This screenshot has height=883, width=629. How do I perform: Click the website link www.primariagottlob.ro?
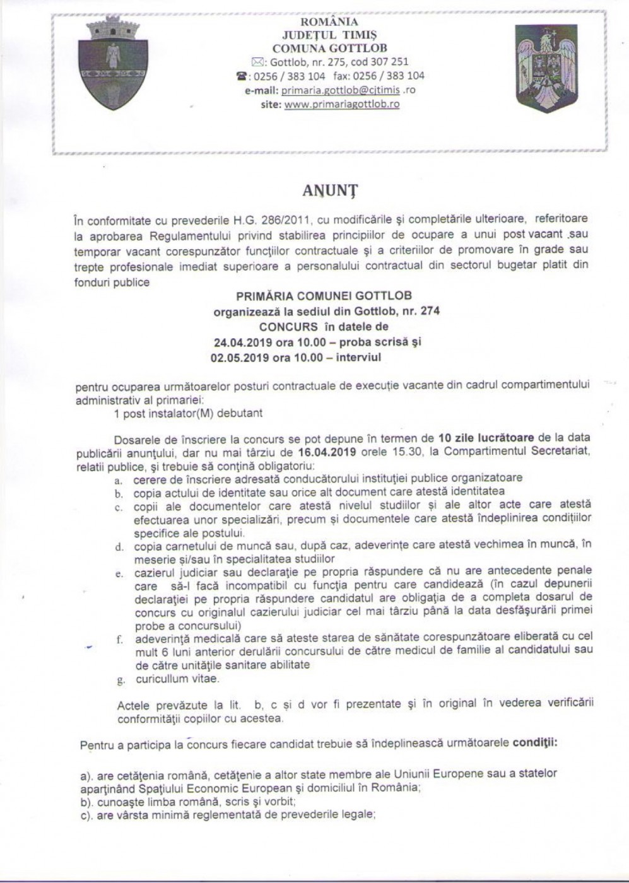coord(342,104)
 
